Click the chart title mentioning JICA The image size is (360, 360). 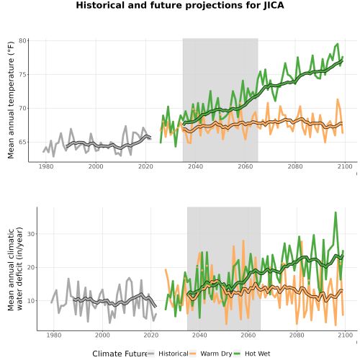(x=180, y=5)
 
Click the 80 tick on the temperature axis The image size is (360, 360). (x=22, y=41)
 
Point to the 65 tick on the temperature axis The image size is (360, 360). (x=22, y=142)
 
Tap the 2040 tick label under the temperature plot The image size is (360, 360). (x=195, y=166)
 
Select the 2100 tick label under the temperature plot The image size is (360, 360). (x=345, y=166)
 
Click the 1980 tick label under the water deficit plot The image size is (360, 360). (x=54, y=335)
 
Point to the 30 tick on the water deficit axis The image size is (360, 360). (x=31, y=234)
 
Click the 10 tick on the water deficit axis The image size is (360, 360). (x=31, y=301)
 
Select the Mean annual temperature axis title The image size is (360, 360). (x=11, y=100)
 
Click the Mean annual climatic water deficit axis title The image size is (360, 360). (x=15, y=269)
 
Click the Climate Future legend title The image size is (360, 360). (x=120, y=354)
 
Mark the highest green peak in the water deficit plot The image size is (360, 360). (x=336, y=212)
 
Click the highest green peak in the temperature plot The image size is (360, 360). (x=338, y=44)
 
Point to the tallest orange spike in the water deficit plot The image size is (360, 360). (x=243, y=240)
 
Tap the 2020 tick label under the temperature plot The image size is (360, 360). (x=145, y=166)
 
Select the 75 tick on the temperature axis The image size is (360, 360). (x=22, y=75)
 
